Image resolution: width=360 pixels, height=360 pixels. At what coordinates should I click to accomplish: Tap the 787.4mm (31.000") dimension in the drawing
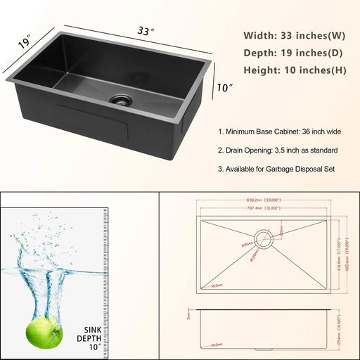click(x=267, y=209)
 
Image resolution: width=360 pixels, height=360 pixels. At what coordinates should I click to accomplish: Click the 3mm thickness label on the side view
click(x=189, y=317)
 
